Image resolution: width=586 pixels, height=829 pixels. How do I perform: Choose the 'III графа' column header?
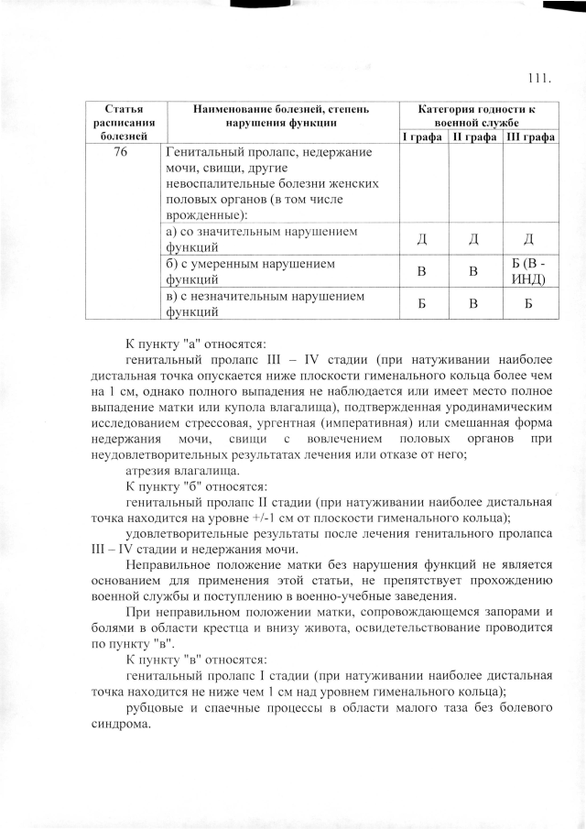coord(530,136)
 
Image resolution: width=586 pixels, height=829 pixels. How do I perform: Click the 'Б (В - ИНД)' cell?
coord(529,271)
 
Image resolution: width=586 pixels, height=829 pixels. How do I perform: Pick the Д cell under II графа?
coord(474,240)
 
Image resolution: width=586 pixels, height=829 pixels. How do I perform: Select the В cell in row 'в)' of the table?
coord(474,304)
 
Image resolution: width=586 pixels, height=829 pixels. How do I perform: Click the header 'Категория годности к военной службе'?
coord(476,115)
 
